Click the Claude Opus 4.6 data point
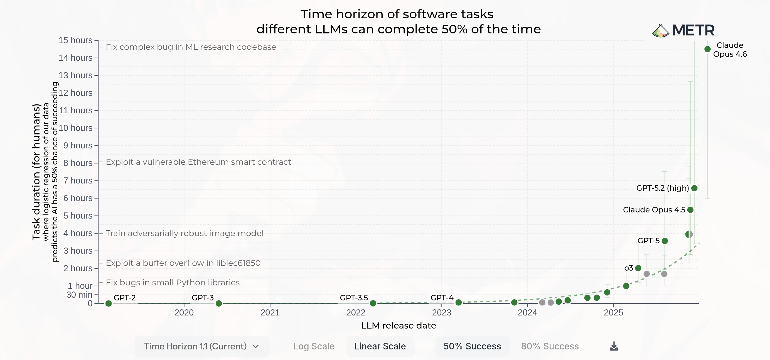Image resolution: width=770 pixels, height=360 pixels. [707, 49]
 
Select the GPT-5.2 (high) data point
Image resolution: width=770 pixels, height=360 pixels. [694, 188]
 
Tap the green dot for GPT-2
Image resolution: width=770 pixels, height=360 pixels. [109, 303]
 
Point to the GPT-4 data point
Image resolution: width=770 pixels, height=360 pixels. [459, 303]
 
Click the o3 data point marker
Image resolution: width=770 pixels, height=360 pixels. [638, 268]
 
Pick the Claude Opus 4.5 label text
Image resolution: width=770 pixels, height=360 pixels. [654, 210]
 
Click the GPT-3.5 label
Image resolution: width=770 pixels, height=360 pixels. [354, 298]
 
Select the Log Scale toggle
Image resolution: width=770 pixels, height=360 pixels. [314, 346]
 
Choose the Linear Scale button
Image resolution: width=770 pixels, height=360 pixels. [380, 346]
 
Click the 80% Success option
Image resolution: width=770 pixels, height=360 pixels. [550, 346]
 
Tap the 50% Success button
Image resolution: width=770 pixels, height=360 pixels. [472, 346]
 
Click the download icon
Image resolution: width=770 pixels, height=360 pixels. [614, 346]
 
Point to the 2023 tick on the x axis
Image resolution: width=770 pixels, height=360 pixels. [442, 312]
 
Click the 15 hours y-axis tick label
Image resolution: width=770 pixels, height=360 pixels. [75, 40]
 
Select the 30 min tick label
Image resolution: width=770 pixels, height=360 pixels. [79, 295]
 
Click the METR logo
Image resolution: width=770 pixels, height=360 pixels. [683, 30]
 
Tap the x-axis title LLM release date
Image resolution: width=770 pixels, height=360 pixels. [398, 325]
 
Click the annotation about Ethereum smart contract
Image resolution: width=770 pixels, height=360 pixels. [198, 162]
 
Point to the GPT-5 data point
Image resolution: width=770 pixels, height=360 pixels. [665, 241]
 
